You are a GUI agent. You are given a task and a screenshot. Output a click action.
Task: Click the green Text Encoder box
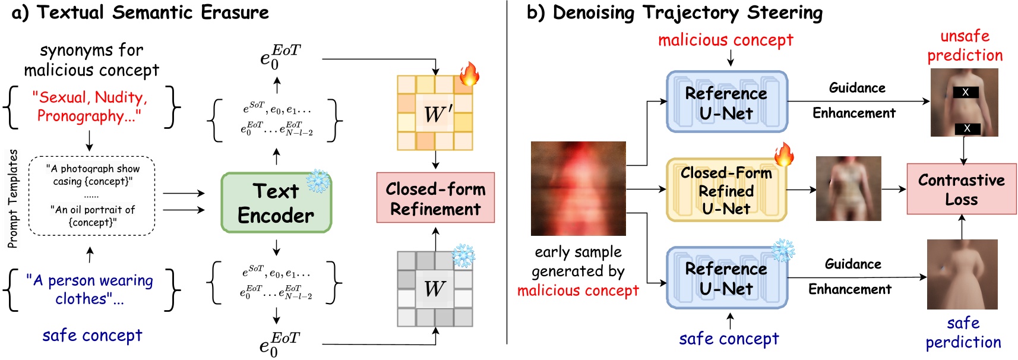tap(276, 203)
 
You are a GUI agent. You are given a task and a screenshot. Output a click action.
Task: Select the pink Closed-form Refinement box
tap(435, 198)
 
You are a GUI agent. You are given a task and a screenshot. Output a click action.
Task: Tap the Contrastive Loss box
tap(962, 189)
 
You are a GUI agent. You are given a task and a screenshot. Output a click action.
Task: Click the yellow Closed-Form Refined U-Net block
tap(726, 190)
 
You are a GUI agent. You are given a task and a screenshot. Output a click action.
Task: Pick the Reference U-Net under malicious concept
tap(726, 102)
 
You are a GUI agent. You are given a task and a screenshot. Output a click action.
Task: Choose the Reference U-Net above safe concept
tap(726, 278)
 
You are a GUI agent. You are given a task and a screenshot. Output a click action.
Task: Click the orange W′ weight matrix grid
tap(435, 113)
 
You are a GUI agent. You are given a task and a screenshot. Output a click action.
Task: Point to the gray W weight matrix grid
tap(435, 289)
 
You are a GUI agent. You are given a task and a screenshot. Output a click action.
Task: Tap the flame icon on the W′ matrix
tap(469, 74)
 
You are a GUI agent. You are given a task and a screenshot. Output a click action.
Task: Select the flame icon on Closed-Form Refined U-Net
tap(783, 154)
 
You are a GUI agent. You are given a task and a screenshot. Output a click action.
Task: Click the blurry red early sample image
tap(578, 188)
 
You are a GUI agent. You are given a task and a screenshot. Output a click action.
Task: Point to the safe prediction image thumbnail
tap(962, 274)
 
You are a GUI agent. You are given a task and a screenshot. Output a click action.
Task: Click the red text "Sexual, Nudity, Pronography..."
tap(90, 106)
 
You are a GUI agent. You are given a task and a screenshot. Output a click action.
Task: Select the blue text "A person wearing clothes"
tap(90, 289)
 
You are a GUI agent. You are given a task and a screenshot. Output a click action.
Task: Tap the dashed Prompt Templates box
tap(92, 195)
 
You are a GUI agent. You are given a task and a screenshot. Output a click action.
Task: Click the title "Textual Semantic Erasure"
tap(153, 12)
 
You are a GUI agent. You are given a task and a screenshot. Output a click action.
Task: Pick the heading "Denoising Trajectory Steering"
tap(688, 12)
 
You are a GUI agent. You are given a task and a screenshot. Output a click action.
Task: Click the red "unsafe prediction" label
tap(965, 46)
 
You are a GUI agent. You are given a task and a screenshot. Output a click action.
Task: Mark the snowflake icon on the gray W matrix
tap(463, 255)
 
